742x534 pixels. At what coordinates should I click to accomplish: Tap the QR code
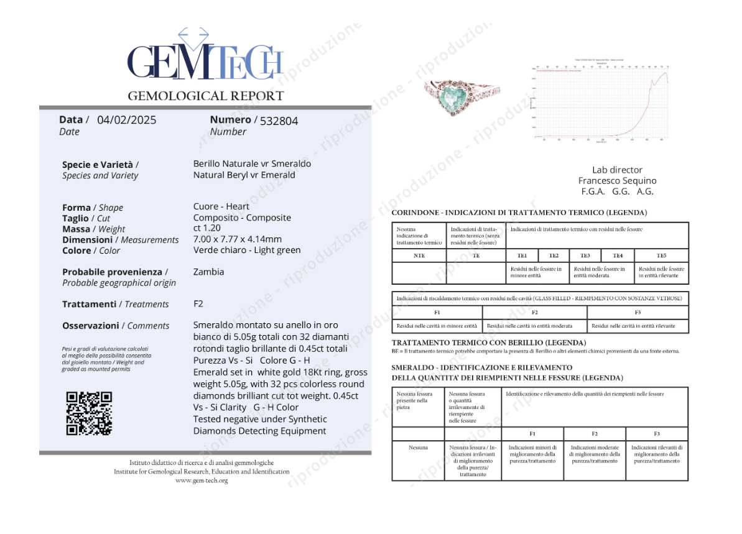click(89, 413)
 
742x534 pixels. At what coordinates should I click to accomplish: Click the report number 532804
click(279, 121)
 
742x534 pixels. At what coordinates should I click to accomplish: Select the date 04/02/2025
click(127, 120)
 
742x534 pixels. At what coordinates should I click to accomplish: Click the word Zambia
click(209, 272)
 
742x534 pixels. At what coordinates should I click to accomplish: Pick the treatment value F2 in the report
click(199, 304)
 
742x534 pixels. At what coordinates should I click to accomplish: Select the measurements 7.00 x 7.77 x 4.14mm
click(238, 239)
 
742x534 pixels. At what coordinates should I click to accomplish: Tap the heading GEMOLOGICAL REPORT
click(205, 96)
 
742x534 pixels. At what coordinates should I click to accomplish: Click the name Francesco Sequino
click(617, 180)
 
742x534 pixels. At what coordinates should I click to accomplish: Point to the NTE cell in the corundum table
click(419, 255)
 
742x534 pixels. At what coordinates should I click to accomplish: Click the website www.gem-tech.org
click(202, 481)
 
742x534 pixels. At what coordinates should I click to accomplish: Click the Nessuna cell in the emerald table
click(418, 447)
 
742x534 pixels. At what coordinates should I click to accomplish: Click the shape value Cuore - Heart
click(221, 206)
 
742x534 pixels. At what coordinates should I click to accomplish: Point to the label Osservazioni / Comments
click(116, 326)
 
